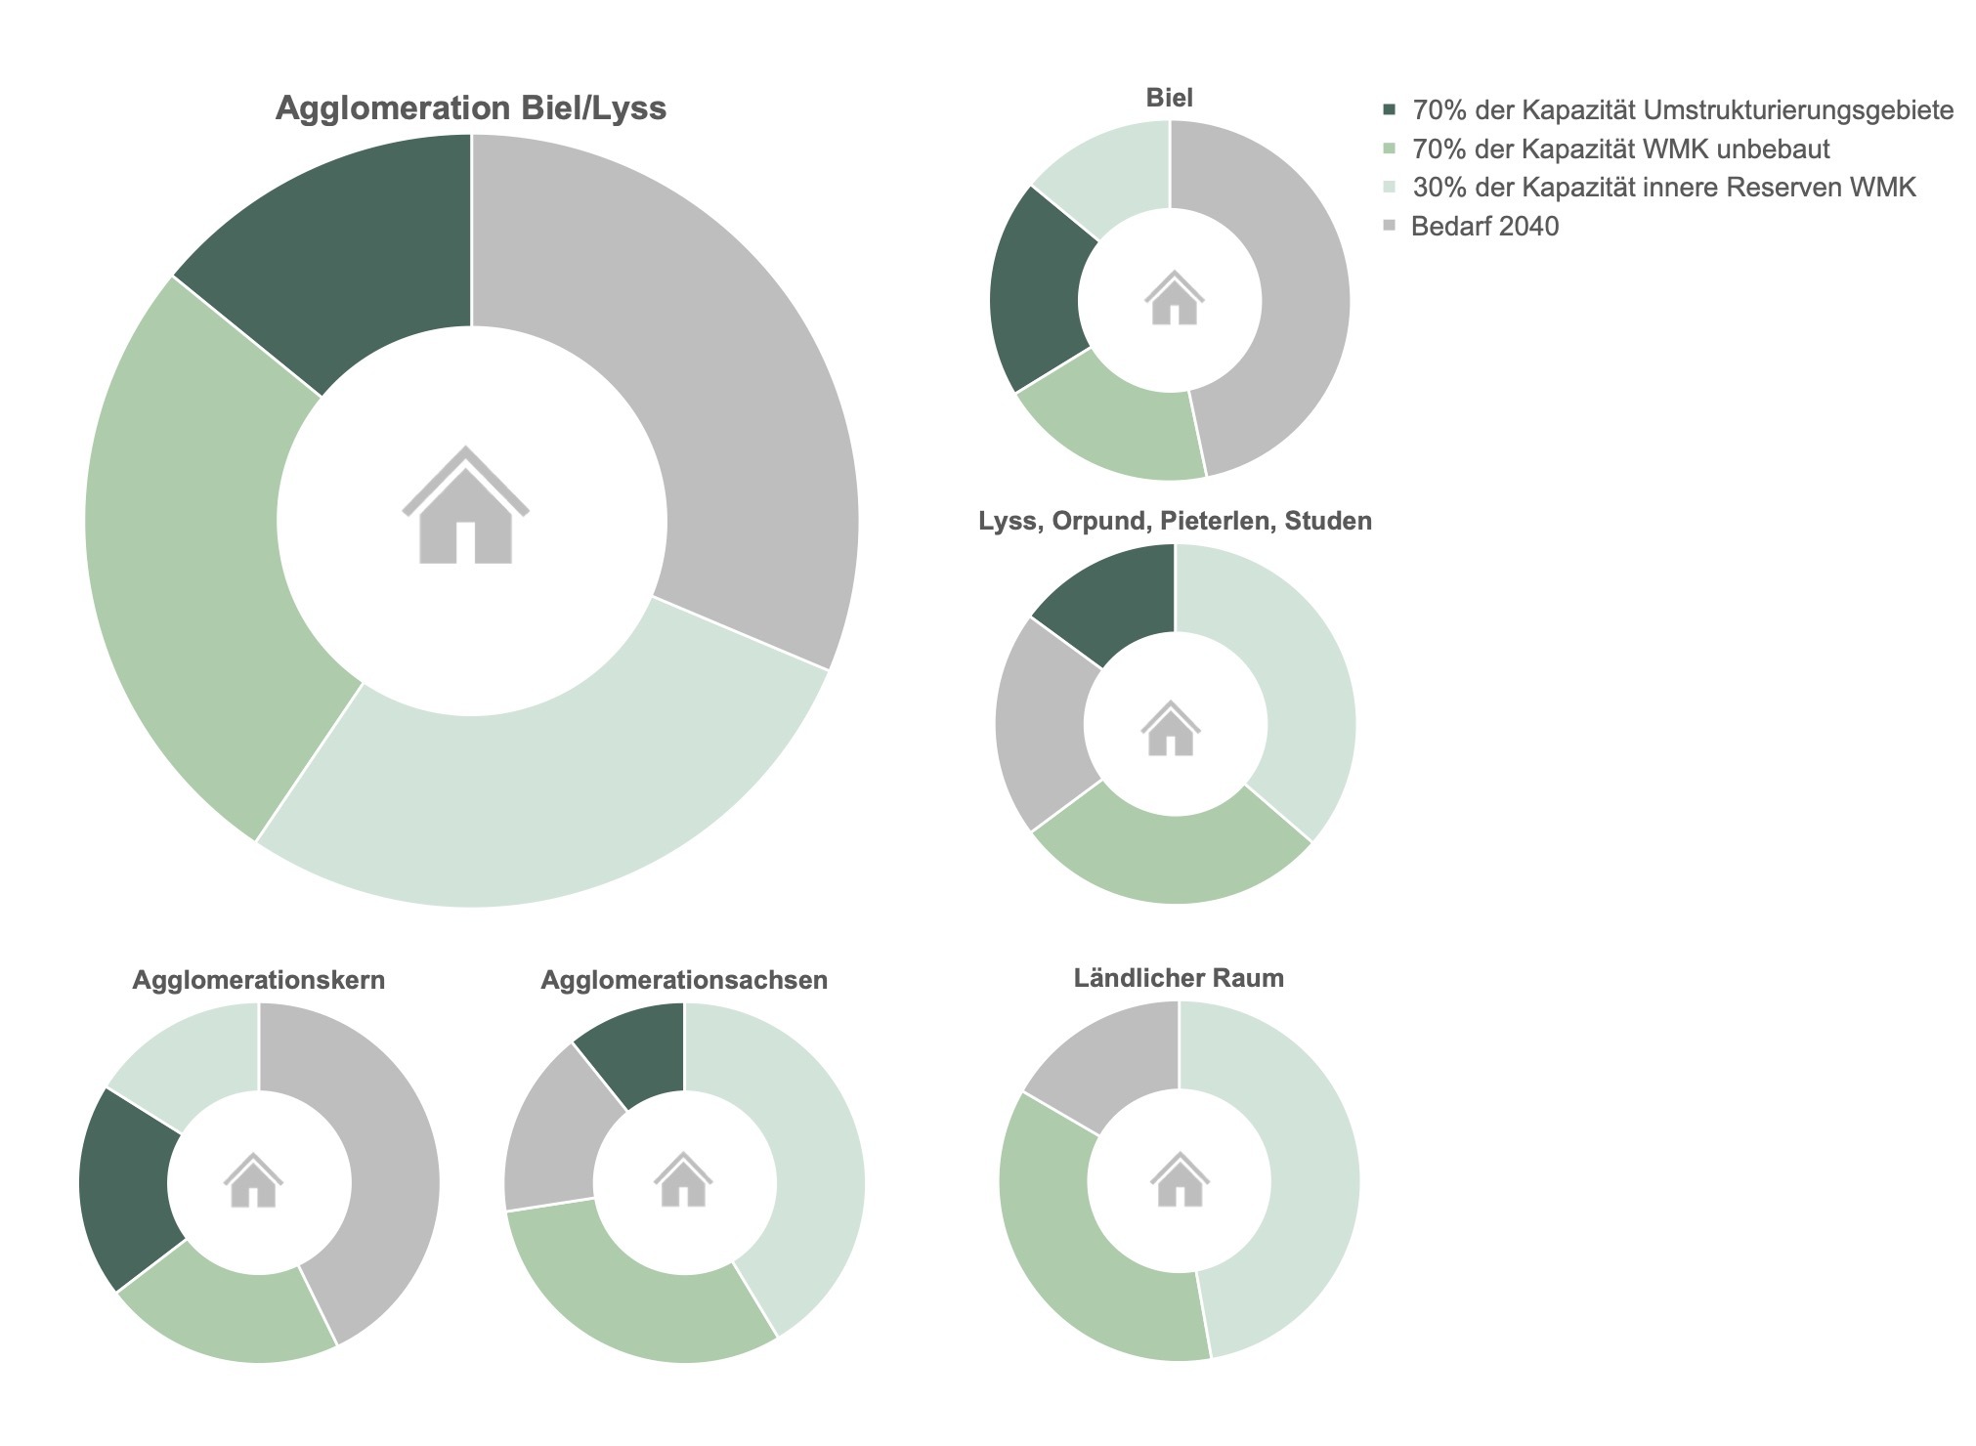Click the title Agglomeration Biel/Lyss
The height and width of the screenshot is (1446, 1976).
(x=470, y=107)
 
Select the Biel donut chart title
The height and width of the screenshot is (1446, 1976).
(x=1169, y=98)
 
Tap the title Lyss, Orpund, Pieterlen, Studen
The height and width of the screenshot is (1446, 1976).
(x=1175, y=521)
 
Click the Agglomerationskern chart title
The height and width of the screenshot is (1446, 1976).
(x=258, y=980)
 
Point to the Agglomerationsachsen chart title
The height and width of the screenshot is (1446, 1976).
(x=684, y=980)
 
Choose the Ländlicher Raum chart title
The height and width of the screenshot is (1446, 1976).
(x=1179, y=978)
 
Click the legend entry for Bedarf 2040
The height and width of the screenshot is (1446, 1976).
(x=1484, y=227)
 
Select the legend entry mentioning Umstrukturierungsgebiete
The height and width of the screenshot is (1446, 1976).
(x=1682, y=110)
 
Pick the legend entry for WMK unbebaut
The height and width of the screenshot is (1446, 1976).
(x=1620, y=149)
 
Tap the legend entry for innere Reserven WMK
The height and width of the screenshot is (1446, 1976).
(x=1663, y=188)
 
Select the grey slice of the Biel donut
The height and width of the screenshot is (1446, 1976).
(x=1290, y=293)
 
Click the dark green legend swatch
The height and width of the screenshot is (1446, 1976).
(x=1390, y=110)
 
